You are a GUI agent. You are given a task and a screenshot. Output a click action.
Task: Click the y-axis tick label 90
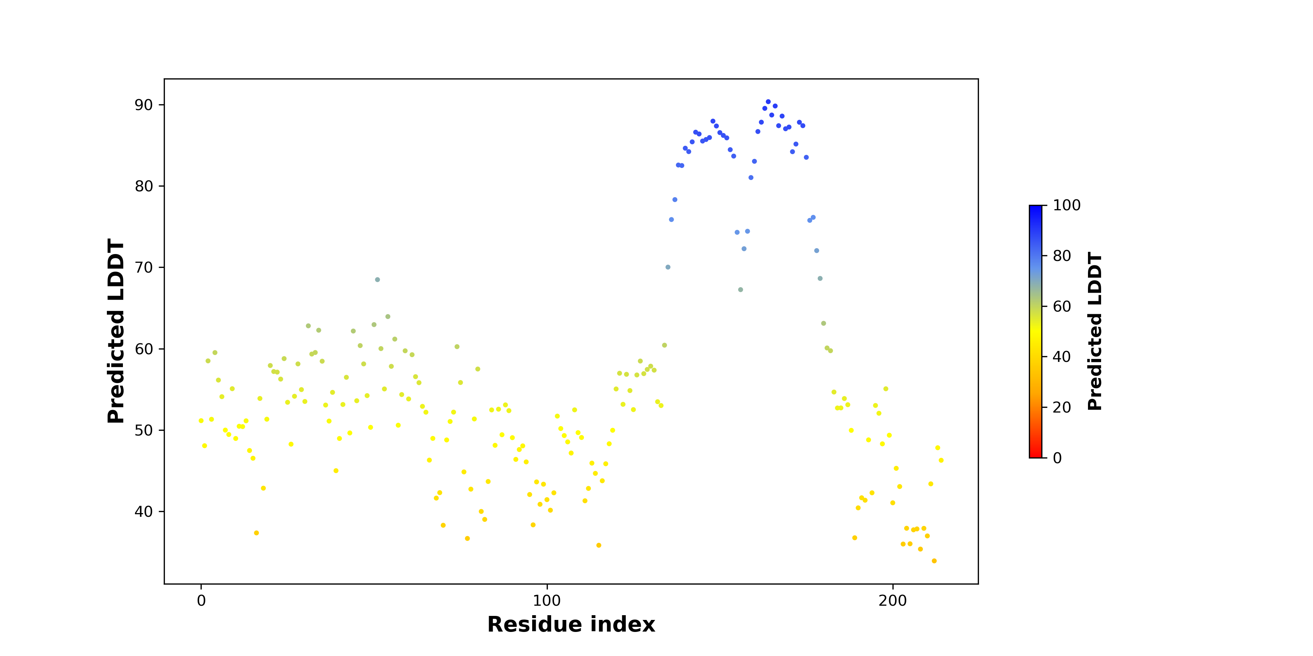(x=144, y=105)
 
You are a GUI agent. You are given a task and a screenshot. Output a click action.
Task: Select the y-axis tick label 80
(x=144, y=186)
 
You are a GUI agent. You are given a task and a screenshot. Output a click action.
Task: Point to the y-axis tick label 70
(x=144, y=268)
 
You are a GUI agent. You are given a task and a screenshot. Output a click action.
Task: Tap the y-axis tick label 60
(x=144, y=349)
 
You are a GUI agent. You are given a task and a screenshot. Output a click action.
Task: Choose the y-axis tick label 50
(x=144, y=430)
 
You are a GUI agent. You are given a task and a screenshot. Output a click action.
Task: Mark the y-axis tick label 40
(x=144, y=512)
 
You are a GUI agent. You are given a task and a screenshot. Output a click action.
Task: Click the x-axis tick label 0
(x=201, y=601)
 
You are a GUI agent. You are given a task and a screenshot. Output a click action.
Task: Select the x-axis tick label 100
(x=547, y=601)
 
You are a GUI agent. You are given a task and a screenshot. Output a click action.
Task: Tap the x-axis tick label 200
(x=892, y=601)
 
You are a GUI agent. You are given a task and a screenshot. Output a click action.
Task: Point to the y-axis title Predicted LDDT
(x=116, y=331)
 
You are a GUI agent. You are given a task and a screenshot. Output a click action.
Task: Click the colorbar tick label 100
(x=1067, y=205)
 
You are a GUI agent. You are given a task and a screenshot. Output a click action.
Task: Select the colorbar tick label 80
(x=1062, y=256)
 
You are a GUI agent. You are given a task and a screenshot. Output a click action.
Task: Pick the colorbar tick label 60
(x=1062, y=306)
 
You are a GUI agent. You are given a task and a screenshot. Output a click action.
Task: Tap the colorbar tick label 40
(x=1062, y=356)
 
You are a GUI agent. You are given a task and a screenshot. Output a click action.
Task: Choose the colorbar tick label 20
(x=1062, y=407)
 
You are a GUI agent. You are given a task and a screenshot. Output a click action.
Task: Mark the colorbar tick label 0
(x=1058, y=458)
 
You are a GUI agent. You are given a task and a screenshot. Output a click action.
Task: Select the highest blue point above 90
(x=768, y=102)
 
